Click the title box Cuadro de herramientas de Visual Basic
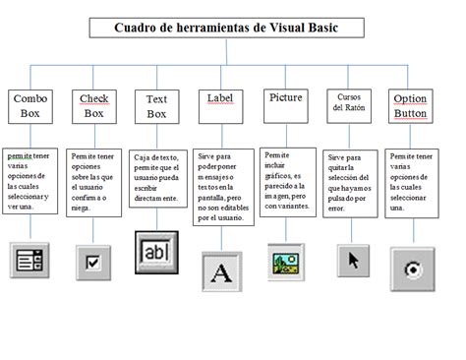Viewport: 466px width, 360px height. (227, 29)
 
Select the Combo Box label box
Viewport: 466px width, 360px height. (30, 106)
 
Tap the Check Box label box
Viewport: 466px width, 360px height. (93, 106)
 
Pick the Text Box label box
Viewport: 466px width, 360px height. (156, 107)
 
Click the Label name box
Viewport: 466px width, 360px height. (219, 98)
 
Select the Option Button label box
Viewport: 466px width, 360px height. (409, 106)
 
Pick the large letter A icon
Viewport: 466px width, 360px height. (221, 270)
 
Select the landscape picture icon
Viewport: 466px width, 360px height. (285, 264)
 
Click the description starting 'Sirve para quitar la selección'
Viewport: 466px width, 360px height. (350, 181)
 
